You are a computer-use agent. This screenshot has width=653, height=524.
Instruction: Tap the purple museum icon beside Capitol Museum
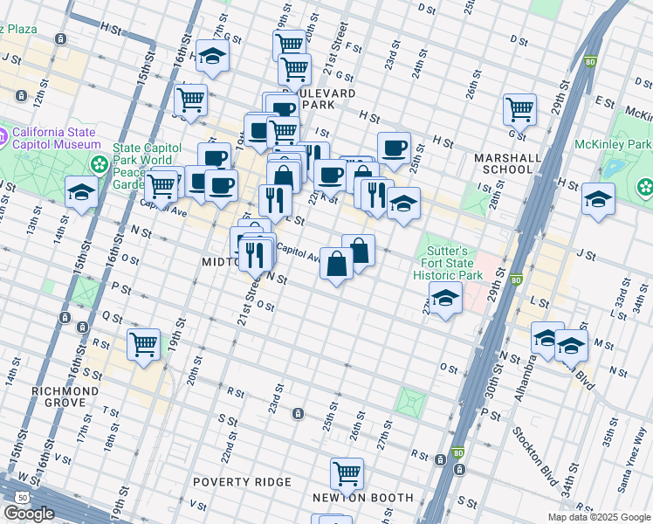3,136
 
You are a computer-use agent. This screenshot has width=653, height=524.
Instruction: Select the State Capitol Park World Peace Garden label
144,165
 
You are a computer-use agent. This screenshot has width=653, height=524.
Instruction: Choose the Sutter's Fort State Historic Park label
444,262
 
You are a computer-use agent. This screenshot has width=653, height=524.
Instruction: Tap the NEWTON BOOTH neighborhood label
363,498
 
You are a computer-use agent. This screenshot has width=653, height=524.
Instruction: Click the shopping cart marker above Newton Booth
347,473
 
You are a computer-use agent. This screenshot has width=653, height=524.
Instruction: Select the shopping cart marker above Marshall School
519,108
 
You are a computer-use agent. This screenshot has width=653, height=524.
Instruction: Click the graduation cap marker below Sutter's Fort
444,300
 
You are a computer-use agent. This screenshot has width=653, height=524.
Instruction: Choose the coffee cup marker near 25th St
394,147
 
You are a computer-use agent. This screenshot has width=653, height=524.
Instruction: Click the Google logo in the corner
29,514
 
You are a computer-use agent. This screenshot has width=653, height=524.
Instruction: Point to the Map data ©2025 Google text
598,517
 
